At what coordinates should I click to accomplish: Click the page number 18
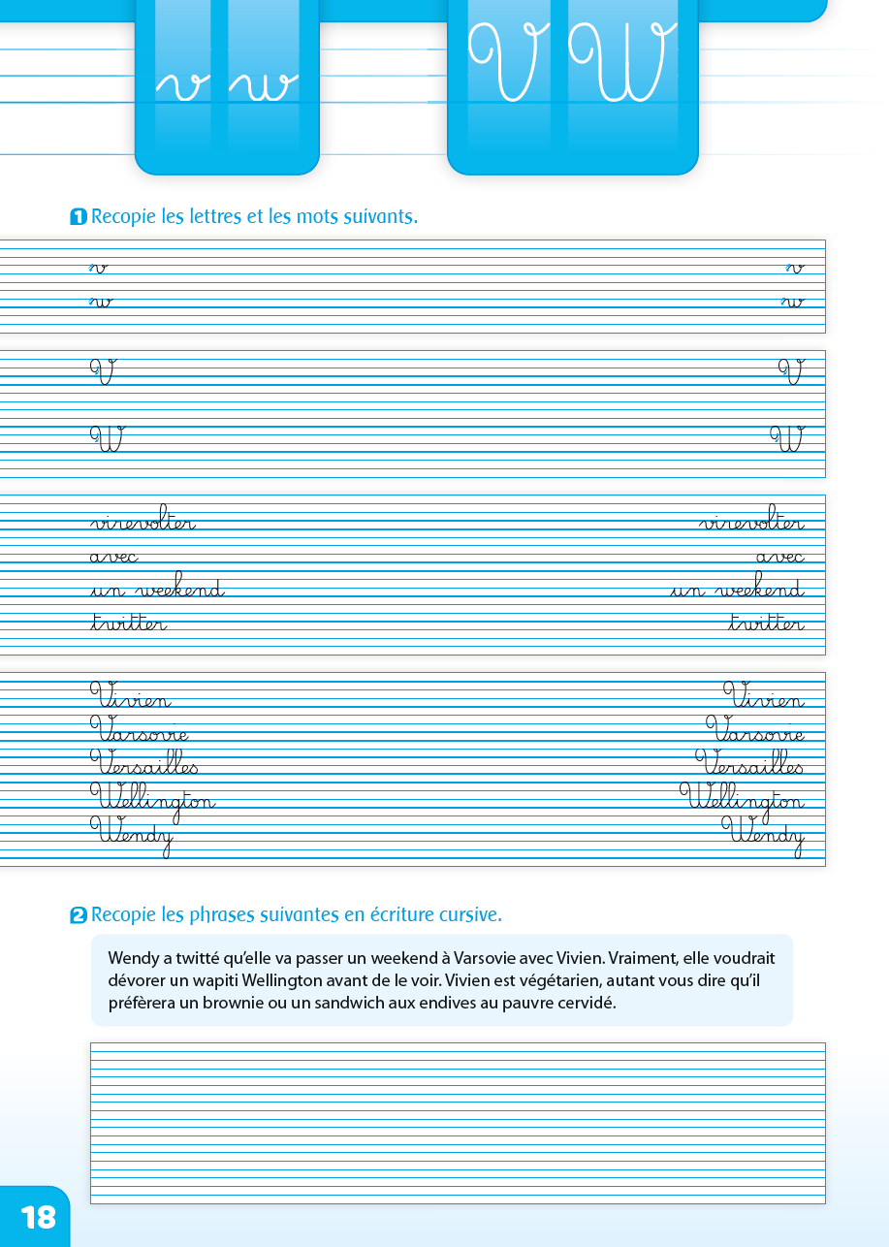(38, 1217)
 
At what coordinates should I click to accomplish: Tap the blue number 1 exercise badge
(79, 217)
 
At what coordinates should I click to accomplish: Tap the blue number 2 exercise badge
(79, 915)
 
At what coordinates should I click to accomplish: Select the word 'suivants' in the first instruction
(381, 216)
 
